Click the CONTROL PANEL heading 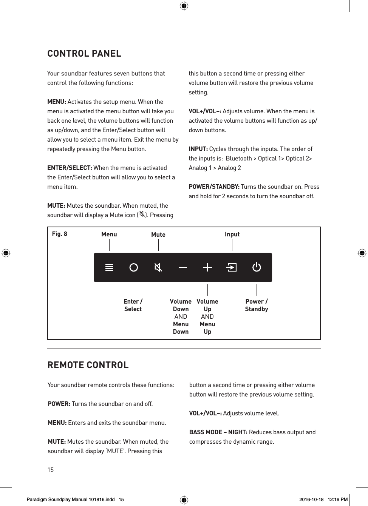point(84,54)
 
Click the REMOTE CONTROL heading point(88,365)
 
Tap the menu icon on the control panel point(109,268)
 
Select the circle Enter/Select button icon point(133,268)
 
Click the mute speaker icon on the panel point(158,268)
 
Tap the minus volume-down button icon point(183,268)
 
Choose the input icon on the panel point(231,268)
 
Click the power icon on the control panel point(257,267)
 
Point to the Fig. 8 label point(60,234)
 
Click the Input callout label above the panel point(232,234)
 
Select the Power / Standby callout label point(257,305)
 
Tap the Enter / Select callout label point(133,305)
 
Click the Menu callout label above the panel point(109,234)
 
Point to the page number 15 point(51,470)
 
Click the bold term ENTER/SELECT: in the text point(70,168)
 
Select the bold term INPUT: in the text point(198,149)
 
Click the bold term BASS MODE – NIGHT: point(218,432)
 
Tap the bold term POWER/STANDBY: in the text point(214,187)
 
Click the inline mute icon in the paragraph point(142,214)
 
